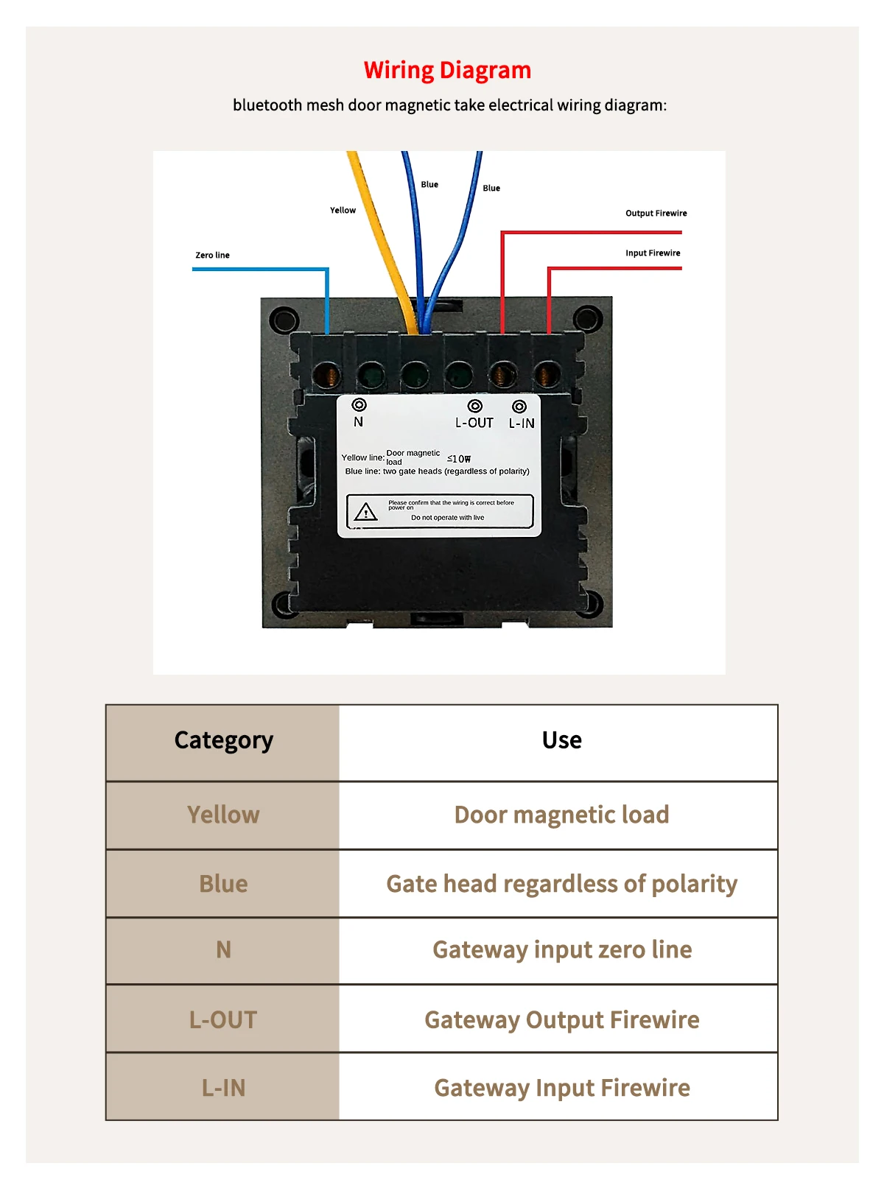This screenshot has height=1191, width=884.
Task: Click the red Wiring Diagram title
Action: [447, 71]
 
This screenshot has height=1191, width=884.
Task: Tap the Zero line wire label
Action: [212, 255]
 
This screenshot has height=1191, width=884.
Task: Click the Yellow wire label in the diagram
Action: [343, 210]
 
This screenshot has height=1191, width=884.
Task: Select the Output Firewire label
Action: [656, 213]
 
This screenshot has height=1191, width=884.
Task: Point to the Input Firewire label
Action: [653, 253]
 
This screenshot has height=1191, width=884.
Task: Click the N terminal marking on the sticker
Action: [358, 422]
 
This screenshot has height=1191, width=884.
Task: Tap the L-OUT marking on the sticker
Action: [474, 423]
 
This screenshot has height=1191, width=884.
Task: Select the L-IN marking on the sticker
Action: [522, 424]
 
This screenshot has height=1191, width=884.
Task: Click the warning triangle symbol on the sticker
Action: [365, 512]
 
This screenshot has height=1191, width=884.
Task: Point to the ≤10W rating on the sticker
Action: [459, 459]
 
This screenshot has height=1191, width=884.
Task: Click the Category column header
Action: [223, 740]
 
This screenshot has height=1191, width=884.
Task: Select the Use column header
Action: [561, 740]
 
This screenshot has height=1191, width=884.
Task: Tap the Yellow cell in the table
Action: [223, 815]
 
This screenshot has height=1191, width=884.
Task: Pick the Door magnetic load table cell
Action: [561, 815]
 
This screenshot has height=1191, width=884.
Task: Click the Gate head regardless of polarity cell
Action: [561, 883]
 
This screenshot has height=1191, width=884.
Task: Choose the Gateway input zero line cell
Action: [561, 949]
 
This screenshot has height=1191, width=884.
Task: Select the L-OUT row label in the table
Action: [223, 1019]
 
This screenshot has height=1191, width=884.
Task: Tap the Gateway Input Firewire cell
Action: [561, 1087]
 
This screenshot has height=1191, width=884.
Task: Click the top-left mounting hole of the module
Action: [284, 320]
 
